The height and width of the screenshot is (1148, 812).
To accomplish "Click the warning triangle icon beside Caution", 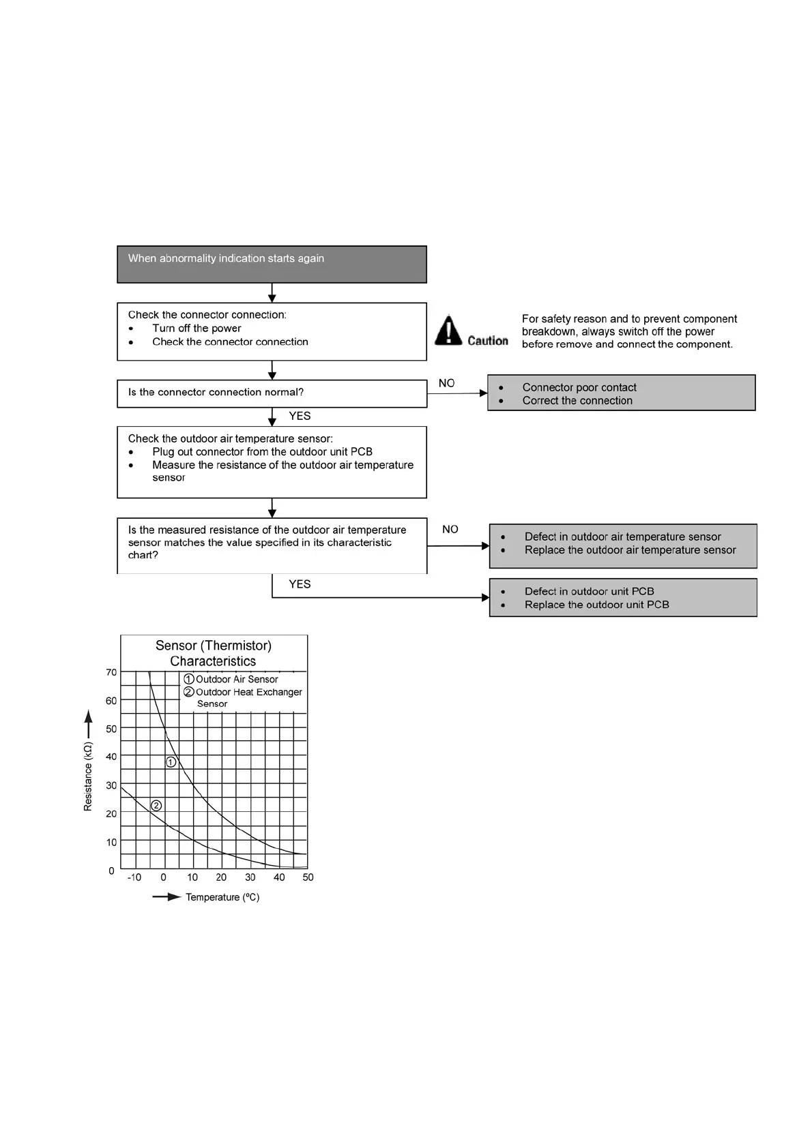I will click(x=448, y=331).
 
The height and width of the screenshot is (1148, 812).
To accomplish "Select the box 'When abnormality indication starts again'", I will click(x=272, y=265).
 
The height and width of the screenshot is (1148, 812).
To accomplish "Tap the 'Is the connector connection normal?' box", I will click(x=272, y=393).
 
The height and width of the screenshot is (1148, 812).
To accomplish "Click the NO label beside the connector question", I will click(x=446, y=383).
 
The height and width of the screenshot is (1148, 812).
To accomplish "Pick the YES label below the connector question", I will click(x=300, y=416).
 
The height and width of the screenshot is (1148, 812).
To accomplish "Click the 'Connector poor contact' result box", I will click(x=621, y=393).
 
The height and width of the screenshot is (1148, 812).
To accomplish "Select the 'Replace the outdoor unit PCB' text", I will click(x=596, y=605).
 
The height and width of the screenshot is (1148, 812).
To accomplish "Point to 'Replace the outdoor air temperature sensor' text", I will click(x=630, y=550).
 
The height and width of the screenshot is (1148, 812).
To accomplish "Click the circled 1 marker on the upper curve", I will click(x=171, y=762).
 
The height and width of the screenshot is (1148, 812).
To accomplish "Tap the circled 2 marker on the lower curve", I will click(x=156, y=806).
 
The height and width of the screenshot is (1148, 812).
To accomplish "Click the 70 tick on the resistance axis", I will click(x=111, y=672).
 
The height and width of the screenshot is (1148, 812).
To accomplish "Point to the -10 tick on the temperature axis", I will click(x=134, y=877).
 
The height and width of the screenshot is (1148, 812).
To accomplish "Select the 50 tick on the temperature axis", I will click(x=308, y=877).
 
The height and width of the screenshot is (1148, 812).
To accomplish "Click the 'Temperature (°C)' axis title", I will click(x=222, y=897).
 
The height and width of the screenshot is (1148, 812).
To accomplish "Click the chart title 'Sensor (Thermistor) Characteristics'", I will click(x=214, y=653).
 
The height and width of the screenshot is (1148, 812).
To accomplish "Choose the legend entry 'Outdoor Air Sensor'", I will click(x=236, y=679).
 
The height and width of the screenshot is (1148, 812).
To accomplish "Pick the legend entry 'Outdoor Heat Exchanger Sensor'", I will click(x=248, y=697).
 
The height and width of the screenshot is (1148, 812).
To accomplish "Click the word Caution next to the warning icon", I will click(x=488, y=340).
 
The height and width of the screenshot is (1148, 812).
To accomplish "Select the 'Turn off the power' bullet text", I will click(x=197, y=329).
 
